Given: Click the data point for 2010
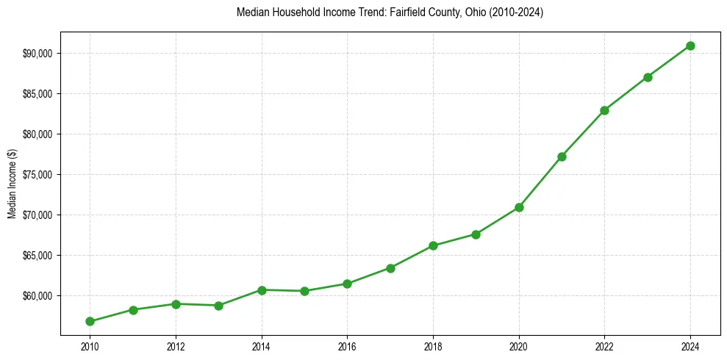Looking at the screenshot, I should coord(90,321).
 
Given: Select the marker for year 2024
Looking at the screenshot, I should coord(690,46).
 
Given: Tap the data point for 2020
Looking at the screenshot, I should coord(519,207).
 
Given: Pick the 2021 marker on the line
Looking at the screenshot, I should coord(562,156).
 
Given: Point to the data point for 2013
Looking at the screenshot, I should coord(218,306).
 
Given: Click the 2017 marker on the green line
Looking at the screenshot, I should coord(390,268).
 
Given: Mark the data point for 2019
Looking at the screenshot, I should coord(476,234).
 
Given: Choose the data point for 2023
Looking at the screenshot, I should coord(648,77).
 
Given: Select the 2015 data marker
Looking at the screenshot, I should coord(304,291).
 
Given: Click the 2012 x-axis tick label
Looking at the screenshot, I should coord(176,346).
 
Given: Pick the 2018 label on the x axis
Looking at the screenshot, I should coord(433,346).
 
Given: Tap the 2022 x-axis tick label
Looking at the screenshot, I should coord(604,346).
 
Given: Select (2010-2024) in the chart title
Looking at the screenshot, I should coord(515,13).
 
